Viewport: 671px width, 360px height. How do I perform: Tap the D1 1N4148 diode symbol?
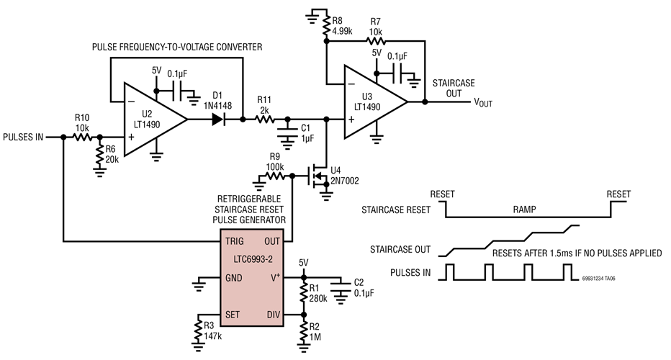click(x=217, y=119)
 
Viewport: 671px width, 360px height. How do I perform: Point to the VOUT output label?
click(x=482, y=102)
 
